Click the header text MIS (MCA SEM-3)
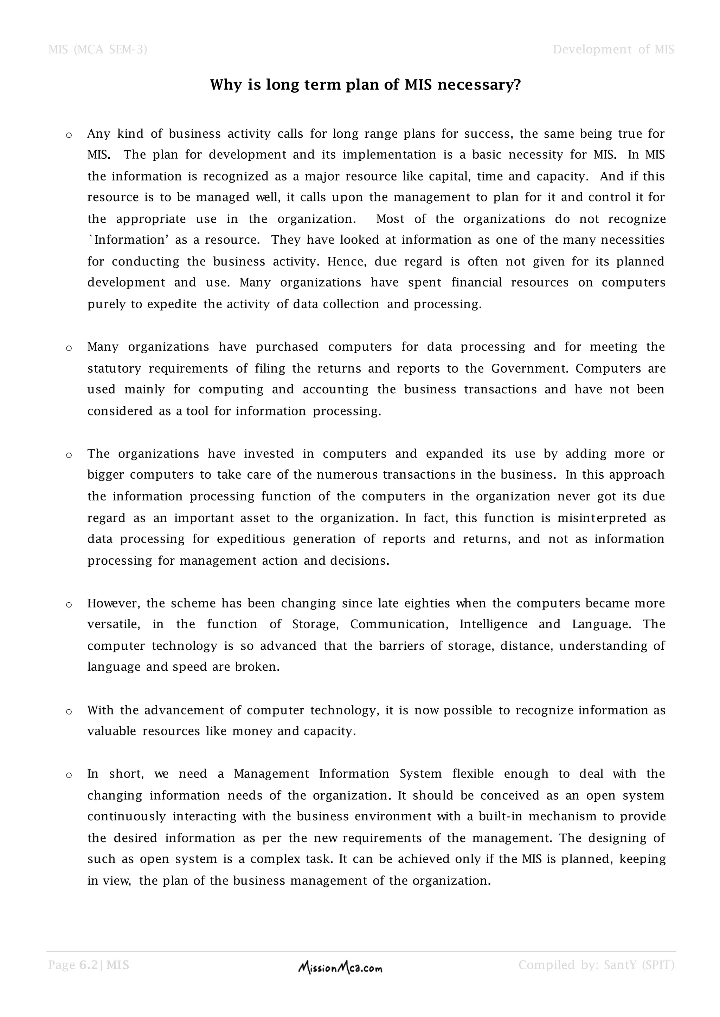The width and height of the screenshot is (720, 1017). point(97,49)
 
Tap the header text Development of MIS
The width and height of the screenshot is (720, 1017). point(613,49)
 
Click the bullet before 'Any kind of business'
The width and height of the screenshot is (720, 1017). point(69,135)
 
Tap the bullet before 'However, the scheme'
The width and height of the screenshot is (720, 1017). point(69,605)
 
